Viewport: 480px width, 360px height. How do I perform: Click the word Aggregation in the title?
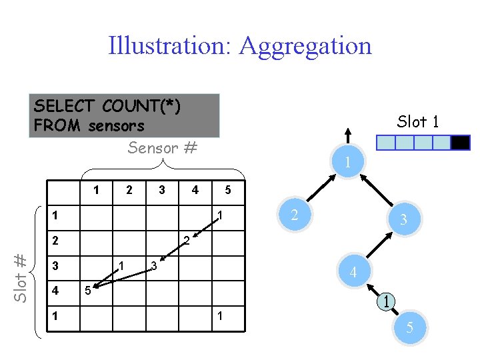click(305, 46)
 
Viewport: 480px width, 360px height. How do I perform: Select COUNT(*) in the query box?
click(141, 106)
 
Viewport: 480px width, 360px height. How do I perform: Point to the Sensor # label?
click(162, 148)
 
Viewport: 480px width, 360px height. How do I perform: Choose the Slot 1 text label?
click(417, 121)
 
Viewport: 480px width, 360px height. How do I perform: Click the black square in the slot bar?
click(461, 143)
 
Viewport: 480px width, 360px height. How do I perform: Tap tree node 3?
click(403, 219)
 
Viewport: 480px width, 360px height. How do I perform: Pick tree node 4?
click(353, 273)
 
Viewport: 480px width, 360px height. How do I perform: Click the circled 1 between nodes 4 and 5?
click(387, 301)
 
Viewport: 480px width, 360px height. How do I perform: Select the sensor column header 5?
click(227, 190)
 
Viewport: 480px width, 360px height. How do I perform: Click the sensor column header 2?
click(129, 190)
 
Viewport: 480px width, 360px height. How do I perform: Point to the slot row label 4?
click(56, 291)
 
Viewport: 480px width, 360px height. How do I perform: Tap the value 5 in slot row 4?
click(87, 291)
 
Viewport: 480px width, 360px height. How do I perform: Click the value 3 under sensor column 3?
click(153, 266)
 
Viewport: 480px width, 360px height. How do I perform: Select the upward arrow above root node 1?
click(345, 137)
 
